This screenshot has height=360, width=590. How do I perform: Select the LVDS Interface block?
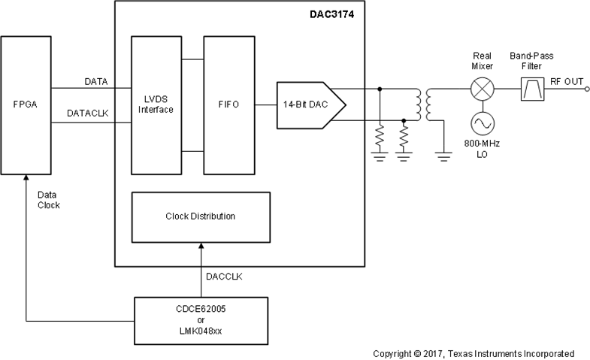click(x=156, y=104)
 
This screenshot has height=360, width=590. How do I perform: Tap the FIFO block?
click(x=229, y=104)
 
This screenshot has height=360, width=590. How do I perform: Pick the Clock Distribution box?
click(x=200, y=216)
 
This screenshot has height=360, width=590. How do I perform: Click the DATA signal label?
click(x=95, y=80)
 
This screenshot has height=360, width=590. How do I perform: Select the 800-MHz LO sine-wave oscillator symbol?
click(x=481, y=123)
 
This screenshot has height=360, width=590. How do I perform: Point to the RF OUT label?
click(x=567, y=81)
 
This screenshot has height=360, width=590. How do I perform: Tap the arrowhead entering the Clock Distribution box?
click(x=200, y=247)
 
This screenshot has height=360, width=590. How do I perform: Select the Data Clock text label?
click(x=50, y=199)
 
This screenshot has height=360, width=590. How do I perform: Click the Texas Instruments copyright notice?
click(x=474, y=352)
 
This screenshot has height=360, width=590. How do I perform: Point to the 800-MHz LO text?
click(x=481, y=148)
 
